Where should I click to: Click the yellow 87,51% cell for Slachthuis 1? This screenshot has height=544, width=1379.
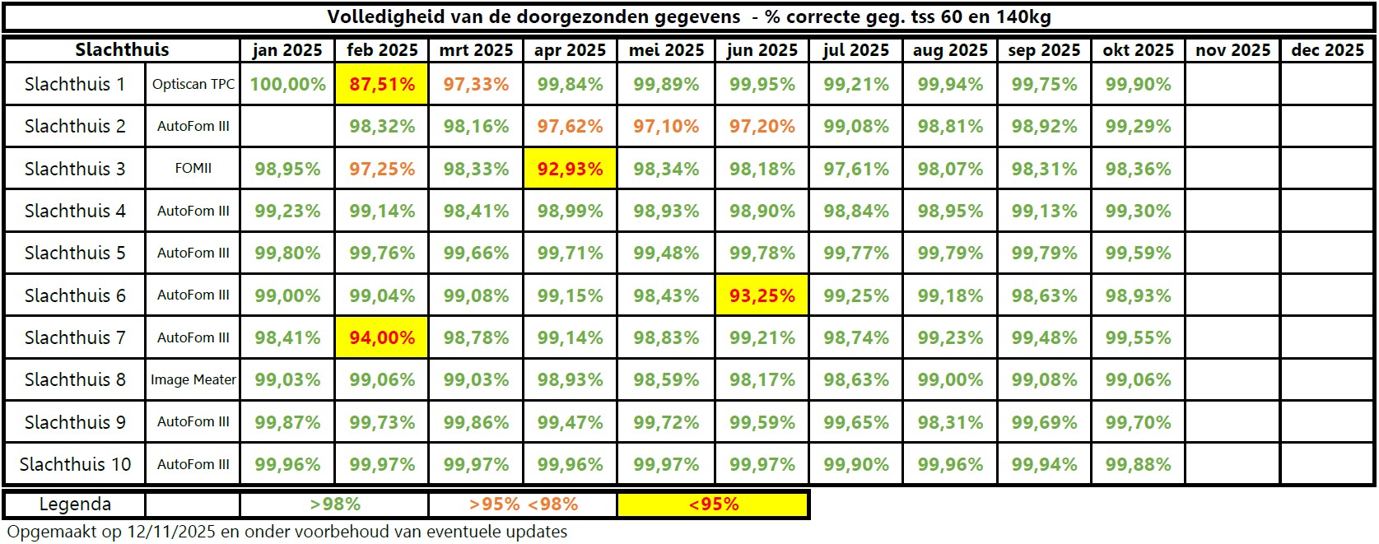tap(381, 84)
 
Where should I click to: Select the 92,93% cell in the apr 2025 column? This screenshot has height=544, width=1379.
tap(570, 170)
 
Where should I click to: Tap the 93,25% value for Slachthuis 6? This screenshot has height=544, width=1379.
tap(762, 295)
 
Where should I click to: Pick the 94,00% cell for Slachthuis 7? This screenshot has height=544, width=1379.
tap(381, 337)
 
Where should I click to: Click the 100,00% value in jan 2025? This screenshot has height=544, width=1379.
tap(287, 84)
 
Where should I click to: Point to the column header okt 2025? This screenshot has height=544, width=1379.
tap(1138, 50)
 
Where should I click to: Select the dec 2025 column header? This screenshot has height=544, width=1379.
tap(1327, 50)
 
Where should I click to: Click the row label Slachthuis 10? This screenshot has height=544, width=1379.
tap(75, 464)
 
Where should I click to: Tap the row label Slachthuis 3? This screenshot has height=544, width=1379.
tap(75, 170)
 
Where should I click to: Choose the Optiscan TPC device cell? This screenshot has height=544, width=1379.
tap(193, 85)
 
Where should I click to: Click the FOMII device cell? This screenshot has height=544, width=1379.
tap(193, 169)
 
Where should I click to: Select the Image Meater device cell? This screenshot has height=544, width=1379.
tap(193, 379)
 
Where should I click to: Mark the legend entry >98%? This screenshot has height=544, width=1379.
tap(335, 504)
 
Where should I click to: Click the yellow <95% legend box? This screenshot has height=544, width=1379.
tap(713, 504)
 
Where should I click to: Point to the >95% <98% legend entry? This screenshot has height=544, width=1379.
tap(524, 504)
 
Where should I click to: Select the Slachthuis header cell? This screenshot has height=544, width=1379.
tap(122, 50)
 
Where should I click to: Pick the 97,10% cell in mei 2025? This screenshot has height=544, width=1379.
tap(666, 127)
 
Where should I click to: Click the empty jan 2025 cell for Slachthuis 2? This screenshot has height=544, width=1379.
tap(287, 127)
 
